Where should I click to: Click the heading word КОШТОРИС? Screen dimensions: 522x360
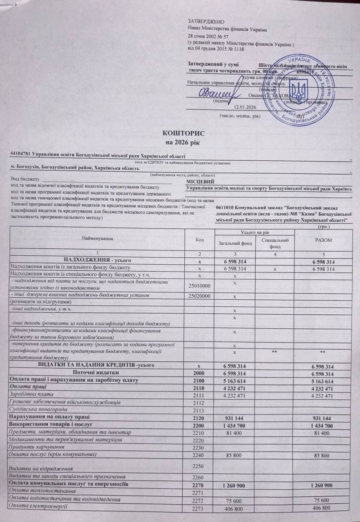click(180, 133)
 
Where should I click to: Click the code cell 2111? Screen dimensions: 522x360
click(199, 396)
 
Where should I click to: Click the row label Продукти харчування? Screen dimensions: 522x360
click(33, 447)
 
